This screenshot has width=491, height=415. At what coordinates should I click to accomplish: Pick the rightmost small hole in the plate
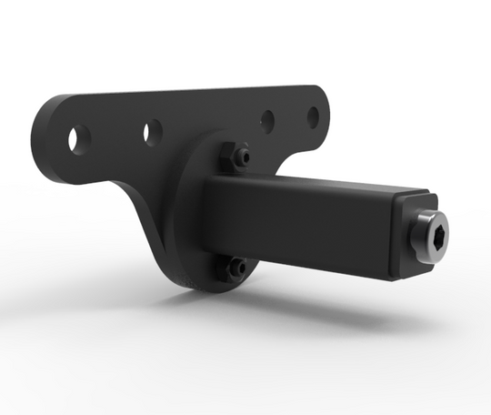[x=312, y=116]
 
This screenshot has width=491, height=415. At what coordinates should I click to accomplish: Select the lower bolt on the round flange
[x=235, y=268]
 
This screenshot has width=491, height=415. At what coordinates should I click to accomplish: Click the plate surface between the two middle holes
[x=209, y=123]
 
